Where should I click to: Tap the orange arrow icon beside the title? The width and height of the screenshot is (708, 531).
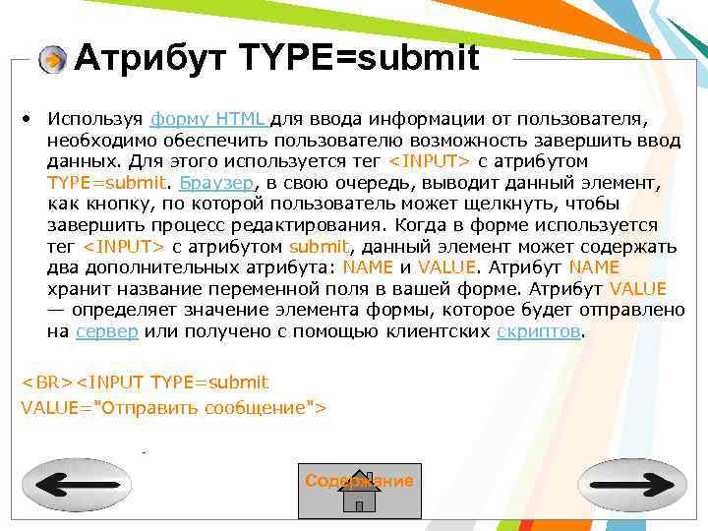(51, 60)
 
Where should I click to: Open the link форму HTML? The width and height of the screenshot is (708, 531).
(207, 119)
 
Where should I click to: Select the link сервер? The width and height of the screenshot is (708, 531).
(107, 331)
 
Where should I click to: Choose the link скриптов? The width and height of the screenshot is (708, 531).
(539, 331)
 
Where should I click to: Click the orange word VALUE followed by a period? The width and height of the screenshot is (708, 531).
(443, 267)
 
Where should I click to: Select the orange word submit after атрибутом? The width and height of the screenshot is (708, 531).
(320, 247)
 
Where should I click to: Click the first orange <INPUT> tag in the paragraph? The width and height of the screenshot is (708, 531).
(430, 161)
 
